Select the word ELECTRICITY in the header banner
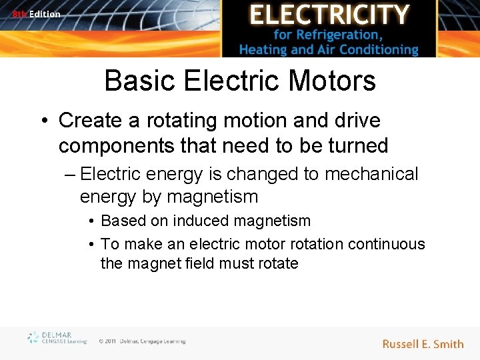(329, 15)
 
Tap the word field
(201, 263)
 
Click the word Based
(122, 221)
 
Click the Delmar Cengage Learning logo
(57, 338)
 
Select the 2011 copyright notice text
(142, 341)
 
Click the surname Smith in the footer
(448, 344)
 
